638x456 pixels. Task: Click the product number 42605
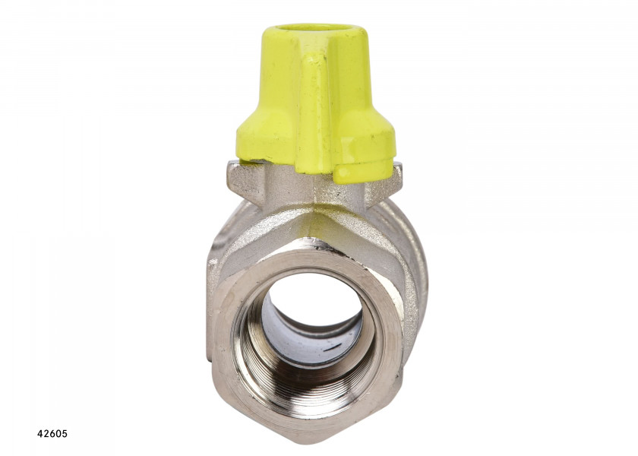click(x=52, y=434)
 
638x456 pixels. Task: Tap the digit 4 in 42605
click(x=39, y=434)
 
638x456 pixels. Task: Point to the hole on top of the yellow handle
click(x=315, y=30)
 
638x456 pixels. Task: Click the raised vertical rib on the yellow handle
click(x=314, y=110)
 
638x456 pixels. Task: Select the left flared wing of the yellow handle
click(x=264, y=135)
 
